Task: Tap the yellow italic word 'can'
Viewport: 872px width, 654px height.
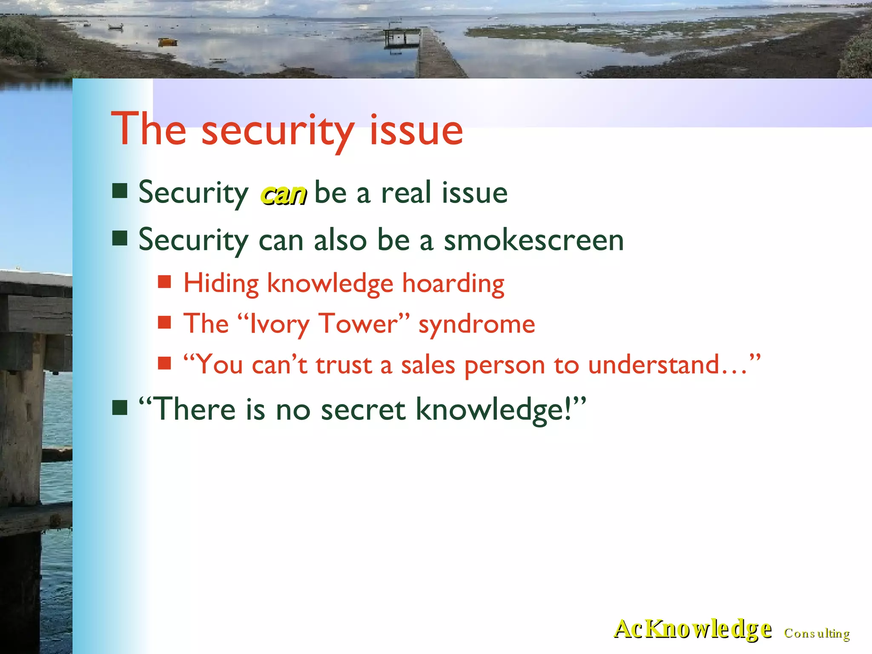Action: point(284,195)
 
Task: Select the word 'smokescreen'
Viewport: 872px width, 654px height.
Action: point(534,240)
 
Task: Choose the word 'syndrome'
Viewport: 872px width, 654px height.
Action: point(477,325)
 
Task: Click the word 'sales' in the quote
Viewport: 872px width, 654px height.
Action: point(428,365)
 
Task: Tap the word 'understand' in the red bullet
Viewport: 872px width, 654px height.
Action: point(654,365)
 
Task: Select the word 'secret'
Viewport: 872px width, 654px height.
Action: point(363,409)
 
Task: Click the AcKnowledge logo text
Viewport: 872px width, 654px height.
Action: point(693,629)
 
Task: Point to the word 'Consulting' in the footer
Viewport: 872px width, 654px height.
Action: point(817,633)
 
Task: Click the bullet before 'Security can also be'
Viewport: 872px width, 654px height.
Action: point(120,239)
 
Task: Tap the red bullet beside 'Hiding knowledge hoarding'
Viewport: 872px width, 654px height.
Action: point(164,282)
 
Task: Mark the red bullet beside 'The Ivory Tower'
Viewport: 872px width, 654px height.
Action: point(164,322)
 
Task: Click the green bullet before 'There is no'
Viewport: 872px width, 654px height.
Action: point(120,407)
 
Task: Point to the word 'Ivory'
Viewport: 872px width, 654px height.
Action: point(279,324)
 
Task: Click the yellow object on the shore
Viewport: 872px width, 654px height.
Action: point(167,42)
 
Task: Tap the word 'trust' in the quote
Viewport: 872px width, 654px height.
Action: point(344,365)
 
